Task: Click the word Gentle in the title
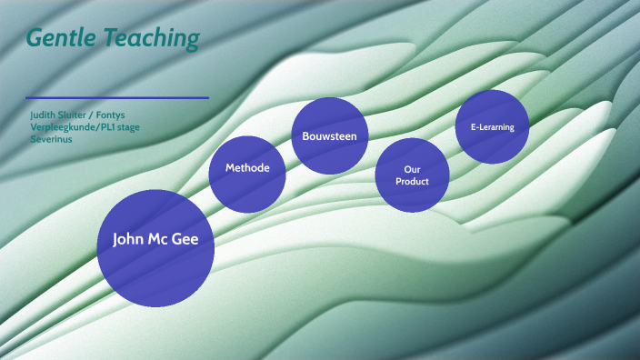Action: click(60, 38)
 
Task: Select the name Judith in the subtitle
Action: click(45, 115)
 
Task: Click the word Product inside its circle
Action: click(412, 181)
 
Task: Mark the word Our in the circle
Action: click(412, 170)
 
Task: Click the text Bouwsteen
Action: click(329, 135)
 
